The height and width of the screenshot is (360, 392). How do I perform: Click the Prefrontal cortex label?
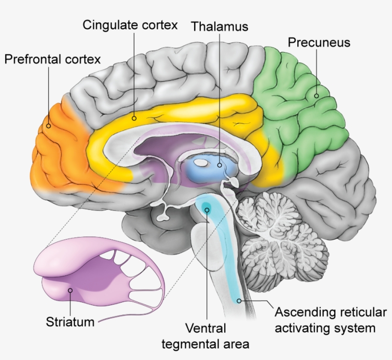(x=53, y=60)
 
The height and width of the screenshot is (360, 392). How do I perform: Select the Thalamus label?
(x=220, y=26)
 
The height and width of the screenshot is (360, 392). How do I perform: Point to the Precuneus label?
(x=319, y=42)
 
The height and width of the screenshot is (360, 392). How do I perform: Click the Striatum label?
(x=70, y=321)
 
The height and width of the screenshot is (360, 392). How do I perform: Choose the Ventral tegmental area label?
(x=206, y=336)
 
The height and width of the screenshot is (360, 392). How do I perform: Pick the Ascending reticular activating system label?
(x=330, y=320)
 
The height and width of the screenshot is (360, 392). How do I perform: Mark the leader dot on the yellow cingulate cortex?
(x=134, y=118)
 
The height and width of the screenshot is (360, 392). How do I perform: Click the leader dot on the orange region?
(x=48, y=126)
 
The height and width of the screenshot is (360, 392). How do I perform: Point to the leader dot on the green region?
(x=316, y=96)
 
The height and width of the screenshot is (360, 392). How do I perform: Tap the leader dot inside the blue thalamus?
(x=219, y=165)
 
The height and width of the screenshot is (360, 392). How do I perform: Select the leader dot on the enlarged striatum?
(x=70, y=290)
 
